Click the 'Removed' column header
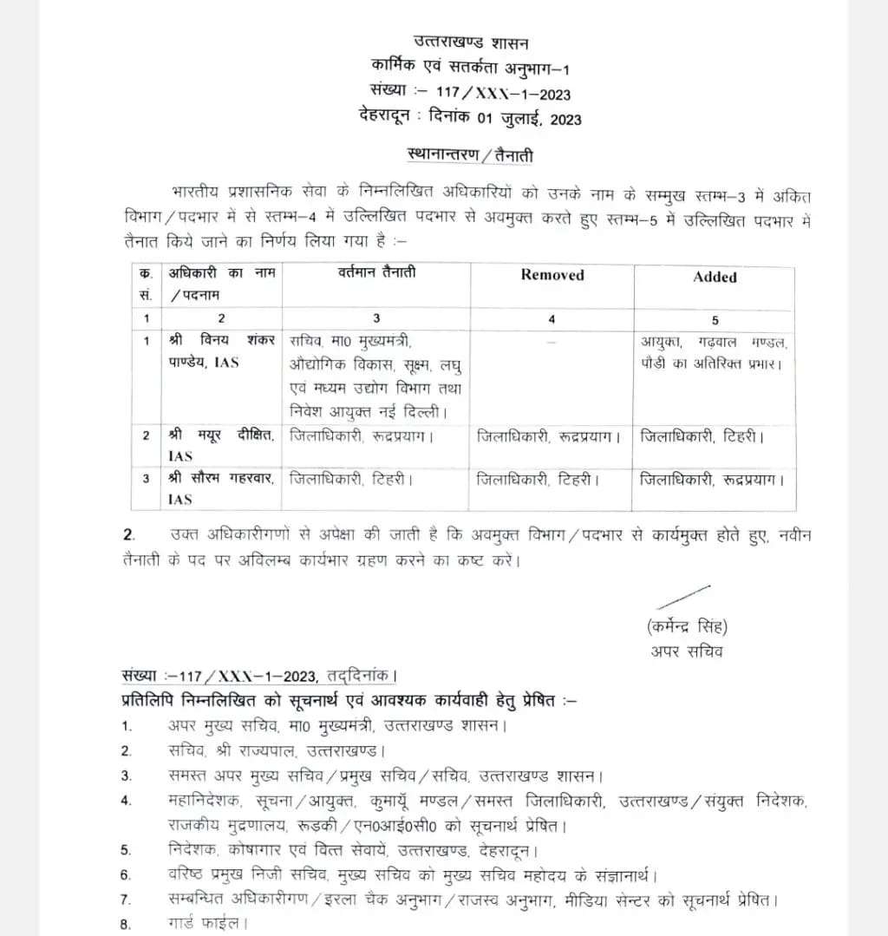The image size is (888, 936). [x=552, y=275]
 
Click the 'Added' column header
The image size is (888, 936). [x=715, y=277]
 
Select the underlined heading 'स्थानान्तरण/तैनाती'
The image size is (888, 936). [x=470, y=156]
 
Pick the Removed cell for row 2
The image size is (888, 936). [x=548, y=436]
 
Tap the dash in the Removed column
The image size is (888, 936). [x=552, y=342]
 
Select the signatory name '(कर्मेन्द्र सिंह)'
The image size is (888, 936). [x=686, y=626]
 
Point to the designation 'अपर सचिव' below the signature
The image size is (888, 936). [x=686, y=651]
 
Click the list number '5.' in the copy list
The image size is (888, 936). [x=127, y=849]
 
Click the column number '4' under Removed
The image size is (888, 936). [x=552, y=318]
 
